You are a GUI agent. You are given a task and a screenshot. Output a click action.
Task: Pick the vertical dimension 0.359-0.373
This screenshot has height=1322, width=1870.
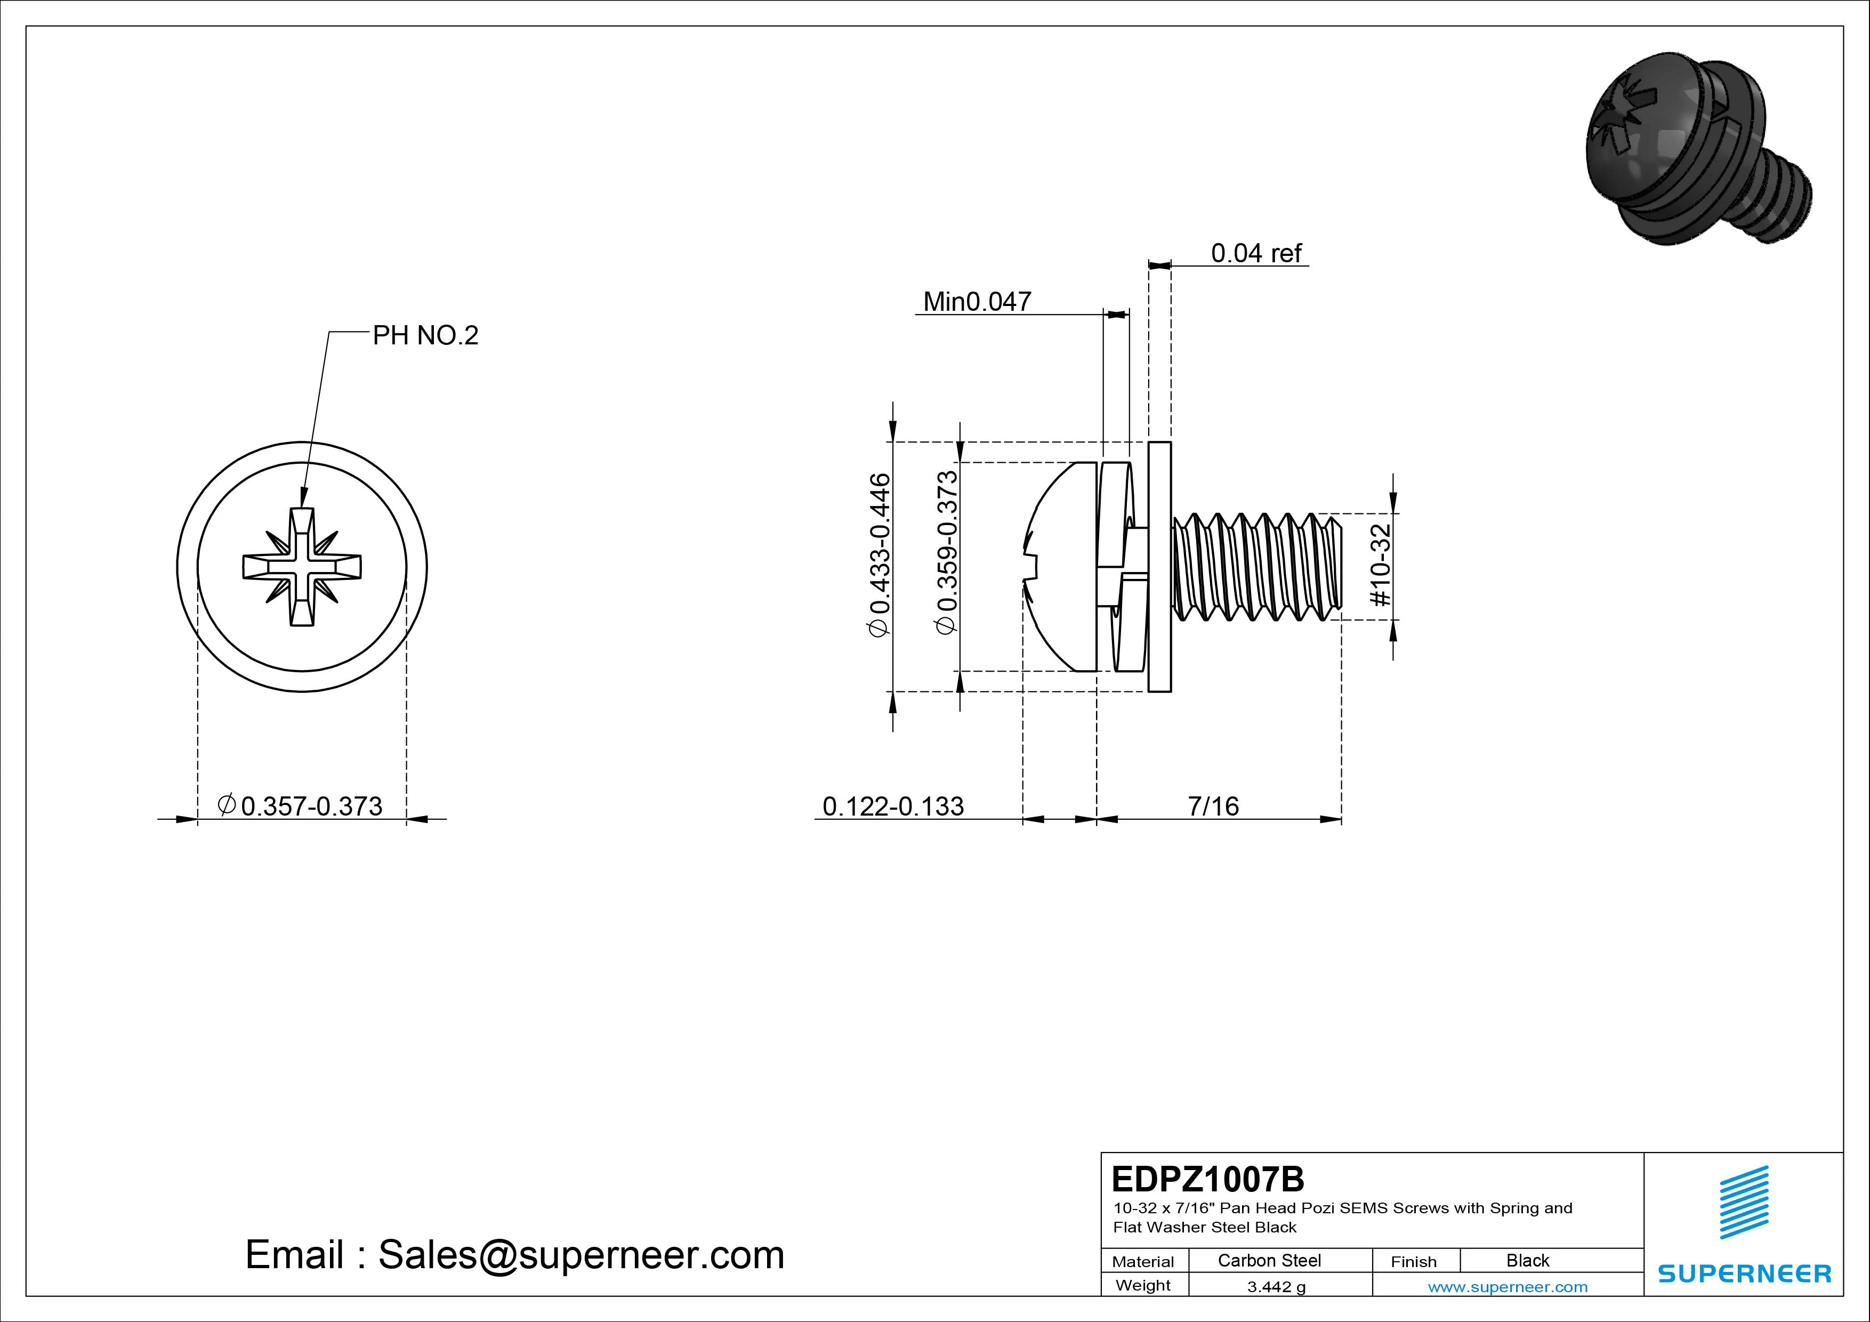[x=947, y=552]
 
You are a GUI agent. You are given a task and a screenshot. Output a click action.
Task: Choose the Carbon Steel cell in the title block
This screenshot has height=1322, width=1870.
[x=1269, y=1260]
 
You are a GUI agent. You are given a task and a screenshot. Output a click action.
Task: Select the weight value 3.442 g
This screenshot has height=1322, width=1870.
[x=1276, y=1287]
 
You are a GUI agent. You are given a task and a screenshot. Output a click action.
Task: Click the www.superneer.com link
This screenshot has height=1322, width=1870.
[x=1508, y=1287]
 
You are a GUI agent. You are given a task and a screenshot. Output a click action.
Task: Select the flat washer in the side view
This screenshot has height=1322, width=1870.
[x=1160, y=567]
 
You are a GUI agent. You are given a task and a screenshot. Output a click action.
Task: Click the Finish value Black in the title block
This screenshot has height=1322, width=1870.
[x=1527, y=1260]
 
